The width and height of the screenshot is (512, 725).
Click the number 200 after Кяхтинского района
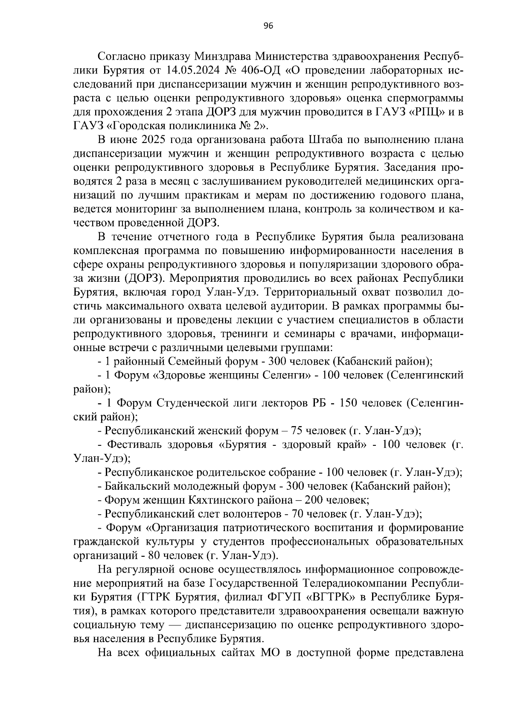click(x=307, y=500)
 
